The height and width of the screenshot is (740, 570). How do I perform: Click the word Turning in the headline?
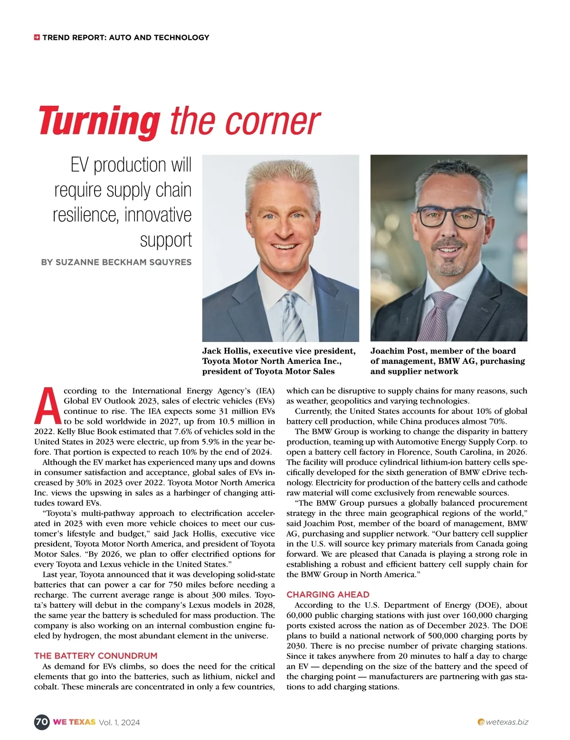99,121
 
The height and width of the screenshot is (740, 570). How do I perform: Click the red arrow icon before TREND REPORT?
37,37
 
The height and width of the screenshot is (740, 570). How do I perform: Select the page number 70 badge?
42,722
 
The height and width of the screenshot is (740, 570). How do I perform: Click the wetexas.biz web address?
507,722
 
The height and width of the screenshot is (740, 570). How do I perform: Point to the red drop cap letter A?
47,405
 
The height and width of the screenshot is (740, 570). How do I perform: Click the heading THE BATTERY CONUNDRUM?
95,656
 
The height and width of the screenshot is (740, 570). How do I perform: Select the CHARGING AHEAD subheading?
328,594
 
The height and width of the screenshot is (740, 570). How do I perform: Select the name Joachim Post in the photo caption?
398,351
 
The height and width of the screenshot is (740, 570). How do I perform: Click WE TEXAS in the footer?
74,722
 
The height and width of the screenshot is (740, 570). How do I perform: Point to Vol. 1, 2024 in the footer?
119,722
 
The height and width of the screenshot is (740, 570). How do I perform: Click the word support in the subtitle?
166,240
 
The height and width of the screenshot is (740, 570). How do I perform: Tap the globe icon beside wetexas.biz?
481,722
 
